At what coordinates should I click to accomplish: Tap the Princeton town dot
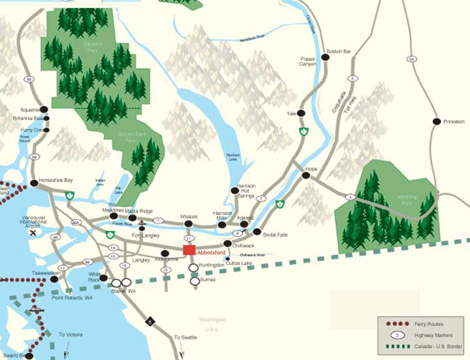point(435,121)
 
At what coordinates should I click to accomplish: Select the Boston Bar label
point(339,50)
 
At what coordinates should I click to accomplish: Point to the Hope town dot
point(307,175)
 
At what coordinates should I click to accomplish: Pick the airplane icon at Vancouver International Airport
point(32,232)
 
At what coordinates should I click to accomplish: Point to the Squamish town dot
point(44,109)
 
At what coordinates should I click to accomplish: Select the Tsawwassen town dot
point(54,279)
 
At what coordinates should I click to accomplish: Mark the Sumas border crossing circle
point(193,281)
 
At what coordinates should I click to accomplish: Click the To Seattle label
point(185,337)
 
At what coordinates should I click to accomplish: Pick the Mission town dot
point(188,224)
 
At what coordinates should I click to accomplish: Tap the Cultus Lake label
point(239,262)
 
